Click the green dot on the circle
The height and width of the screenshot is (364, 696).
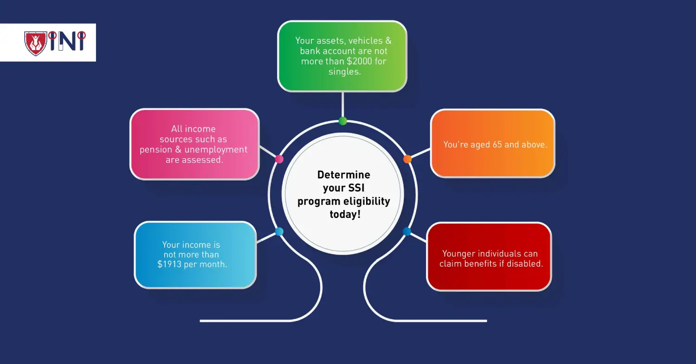(342, 121)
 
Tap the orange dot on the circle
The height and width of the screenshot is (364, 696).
(407, 159)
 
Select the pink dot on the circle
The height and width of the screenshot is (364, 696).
(279, 159)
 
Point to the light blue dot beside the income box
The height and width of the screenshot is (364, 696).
(279, 231)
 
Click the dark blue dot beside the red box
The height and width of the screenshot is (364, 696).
(407, 231)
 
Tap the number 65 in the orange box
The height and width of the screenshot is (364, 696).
(497, 145)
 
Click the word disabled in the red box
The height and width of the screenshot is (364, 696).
(526, 264)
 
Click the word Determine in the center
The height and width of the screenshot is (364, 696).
(344, 175)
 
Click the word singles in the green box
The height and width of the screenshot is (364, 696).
(344, 71)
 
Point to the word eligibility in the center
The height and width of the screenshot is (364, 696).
(366, 201)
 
